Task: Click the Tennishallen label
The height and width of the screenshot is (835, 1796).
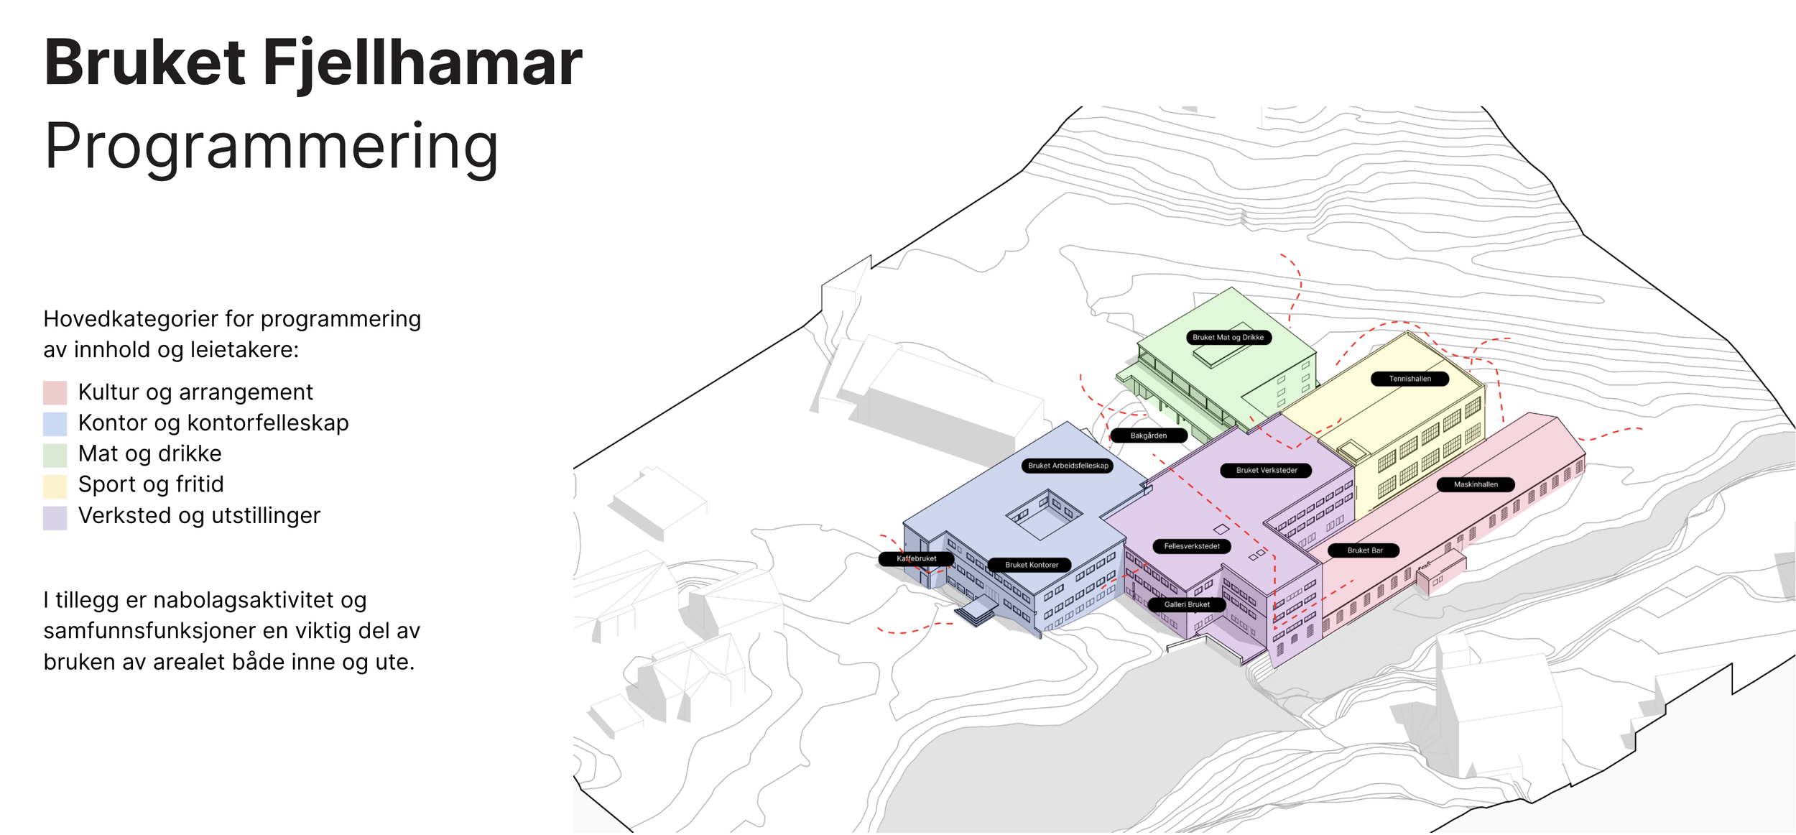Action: click(1410, 379)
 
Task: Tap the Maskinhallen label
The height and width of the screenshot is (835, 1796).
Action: click(1476, 484)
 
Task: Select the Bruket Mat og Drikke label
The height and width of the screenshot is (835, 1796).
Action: click(1228, 337)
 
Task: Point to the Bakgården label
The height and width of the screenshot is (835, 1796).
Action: click(1148, 435)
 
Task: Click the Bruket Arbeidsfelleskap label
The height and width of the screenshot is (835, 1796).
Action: click(1068, 466)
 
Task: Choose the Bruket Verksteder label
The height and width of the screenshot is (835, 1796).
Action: click(1266, 471)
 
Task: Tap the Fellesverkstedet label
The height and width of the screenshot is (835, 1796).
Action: click(1191, 546)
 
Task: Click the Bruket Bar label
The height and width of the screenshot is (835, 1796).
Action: click(1364, 550)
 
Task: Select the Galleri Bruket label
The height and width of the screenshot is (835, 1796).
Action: click(1187, 604)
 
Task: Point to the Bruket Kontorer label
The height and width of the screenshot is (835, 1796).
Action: click(1031, 565)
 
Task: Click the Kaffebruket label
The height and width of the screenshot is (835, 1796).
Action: click(916, 558)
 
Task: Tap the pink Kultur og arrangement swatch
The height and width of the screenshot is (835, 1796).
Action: click(55, 393)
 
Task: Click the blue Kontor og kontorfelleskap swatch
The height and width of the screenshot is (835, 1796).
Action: click(55, 424)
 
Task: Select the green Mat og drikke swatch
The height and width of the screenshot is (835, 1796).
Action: click(55, 455)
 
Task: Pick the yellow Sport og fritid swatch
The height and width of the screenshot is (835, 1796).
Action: click(55, 486)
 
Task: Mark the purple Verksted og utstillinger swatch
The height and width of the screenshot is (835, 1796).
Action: click(55, 517)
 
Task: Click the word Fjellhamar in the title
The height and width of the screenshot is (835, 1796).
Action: click(422, 63)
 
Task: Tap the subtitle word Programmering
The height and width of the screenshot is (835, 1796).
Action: click(271, 146)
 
